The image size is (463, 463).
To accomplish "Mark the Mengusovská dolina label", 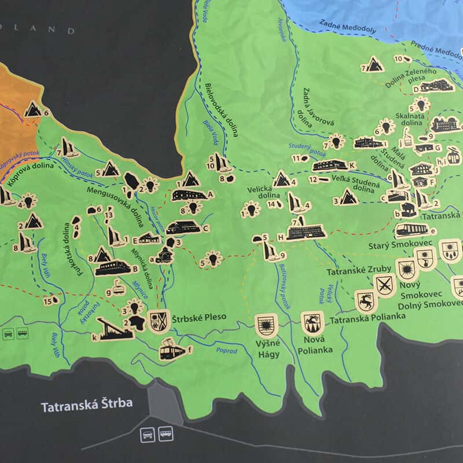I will (x=116, y=200).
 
